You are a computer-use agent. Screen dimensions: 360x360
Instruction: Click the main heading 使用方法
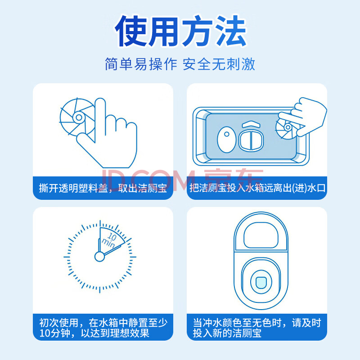[181, 31]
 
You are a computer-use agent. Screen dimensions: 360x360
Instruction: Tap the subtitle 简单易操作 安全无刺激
[180, 64]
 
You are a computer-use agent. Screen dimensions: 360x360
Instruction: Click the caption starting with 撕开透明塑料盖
[103, 188]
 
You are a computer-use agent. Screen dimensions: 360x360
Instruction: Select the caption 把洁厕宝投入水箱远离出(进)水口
[257, 188]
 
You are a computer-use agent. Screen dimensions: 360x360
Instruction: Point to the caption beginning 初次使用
[103, 328]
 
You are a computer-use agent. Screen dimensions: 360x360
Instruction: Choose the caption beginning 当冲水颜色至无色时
[256, 328]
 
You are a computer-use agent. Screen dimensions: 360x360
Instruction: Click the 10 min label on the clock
[110, 240]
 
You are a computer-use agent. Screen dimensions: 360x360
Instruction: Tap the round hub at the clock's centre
[99, 256]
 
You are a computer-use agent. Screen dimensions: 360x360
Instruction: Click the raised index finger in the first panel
[100, 115]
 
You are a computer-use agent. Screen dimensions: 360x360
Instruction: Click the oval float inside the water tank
[227, 139]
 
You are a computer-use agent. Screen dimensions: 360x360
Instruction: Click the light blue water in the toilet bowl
[261, 283]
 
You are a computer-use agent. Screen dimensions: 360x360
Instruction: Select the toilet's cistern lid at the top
[261, 234]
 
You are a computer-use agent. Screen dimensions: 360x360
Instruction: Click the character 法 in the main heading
[230, 31]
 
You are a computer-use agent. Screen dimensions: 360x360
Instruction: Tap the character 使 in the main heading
[131, 31]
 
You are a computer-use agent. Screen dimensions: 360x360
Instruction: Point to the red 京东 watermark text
[234, 180]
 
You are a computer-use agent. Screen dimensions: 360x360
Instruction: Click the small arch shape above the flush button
[251, 124]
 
